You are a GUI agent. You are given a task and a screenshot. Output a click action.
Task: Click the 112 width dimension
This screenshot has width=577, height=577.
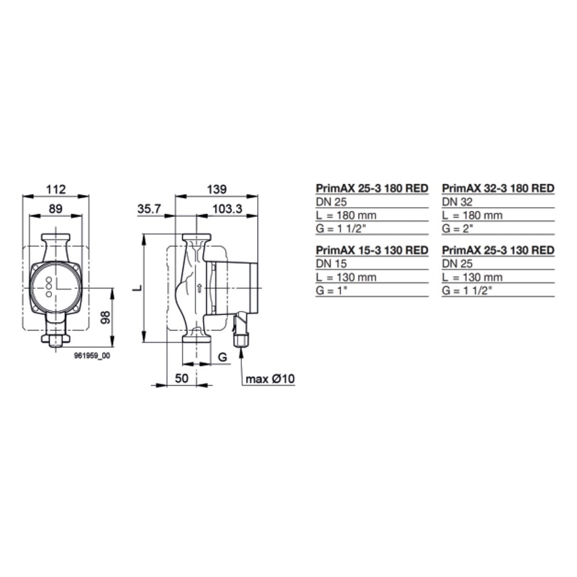pos(56,189)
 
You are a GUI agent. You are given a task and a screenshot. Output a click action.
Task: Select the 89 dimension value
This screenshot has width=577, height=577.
pos(55,209)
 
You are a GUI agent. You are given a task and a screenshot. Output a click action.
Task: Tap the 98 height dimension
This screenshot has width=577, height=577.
pos(104,317)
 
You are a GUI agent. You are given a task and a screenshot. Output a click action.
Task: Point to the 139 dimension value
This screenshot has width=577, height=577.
pos(218,189)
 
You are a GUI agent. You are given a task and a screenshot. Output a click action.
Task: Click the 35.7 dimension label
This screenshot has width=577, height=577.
pos(149,209)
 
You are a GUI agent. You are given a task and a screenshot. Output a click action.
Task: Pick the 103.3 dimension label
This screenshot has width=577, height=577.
pos(227,209)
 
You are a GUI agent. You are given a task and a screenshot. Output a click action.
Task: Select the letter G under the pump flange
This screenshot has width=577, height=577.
pos(222,358)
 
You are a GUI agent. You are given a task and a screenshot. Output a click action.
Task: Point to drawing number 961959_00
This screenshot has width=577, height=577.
pos(92,357)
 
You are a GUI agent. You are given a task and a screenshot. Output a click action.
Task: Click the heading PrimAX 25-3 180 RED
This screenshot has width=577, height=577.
pos(372,189)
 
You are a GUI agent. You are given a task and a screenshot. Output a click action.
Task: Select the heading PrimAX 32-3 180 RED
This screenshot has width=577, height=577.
pos(498,189)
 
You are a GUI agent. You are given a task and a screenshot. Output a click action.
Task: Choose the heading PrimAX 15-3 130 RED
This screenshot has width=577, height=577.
pos(372,250)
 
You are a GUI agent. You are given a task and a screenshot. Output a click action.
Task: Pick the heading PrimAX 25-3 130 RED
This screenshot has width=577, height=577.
pos(498,250)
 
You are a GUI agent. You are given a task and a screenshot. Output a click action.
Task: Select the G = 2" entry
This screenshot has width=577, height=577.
pos(457,228)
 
